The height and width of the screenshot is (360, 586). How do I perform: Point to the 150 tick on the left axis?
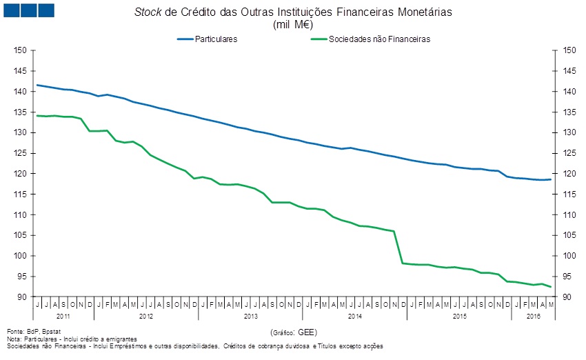[20, 50]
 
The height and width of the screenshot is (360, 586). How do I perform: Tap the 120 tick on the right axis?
[569, 174]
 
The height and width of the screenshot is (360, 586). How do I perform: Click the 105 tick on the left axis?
[20, 235]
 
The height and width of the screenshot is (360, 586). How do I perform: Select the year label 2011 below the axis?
[63, 315]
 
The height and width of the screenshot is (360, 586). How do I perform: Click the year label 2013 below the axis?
[251, 315]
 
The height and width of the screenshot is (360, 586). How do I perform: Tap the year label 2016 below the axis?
[532, 315]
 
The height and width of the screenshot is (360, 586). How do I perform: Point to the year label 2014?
[355, 315]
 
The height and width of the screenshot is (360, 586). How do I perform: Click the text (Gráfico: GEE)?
[294, 332]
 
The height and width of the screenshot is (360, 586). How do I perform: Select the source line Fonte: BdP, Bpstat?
[31, 332]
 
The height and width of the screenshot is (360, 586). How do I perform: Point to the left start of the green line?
[37, 115]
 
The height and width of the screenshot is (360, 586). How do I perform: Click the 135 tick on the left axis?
[20, 112]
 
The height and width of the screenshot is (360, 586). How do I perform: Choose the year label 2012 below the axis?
[146, 315]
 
